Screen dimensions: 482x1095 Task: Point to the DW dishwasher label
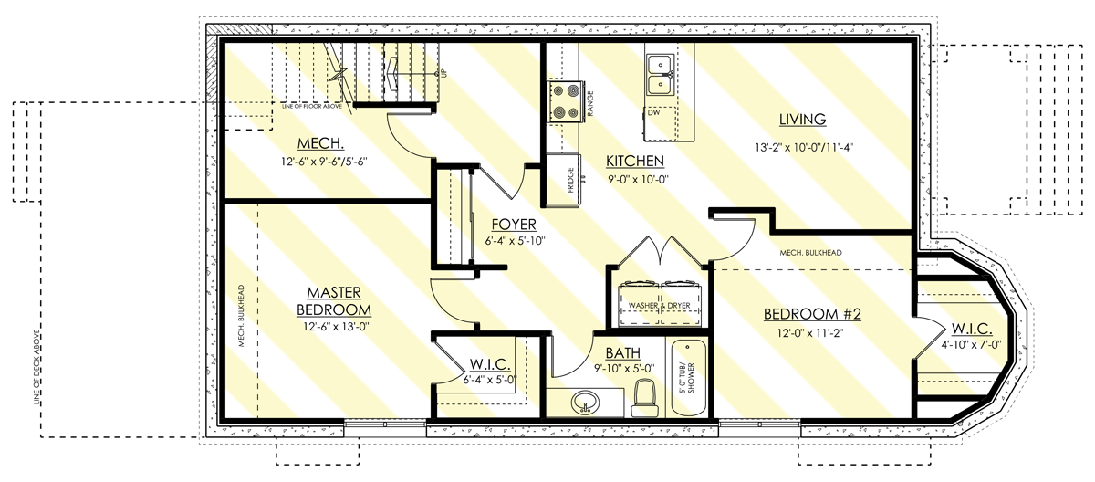click(653, 113)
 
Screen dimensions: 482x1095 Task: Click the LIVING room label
click(802, 119)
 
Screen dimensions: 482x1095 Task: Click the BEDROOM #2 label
click(812, 314)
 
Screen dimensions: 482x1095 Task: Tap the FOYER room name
click(513, 225)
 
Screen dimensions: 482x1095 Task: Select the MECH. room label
click(319, 144)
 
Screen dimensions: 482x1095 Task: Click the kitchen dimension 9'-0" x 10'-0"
click(638, 179)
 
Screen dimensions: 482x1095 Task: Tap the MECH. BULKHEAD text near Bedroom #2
click(810, 253)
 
